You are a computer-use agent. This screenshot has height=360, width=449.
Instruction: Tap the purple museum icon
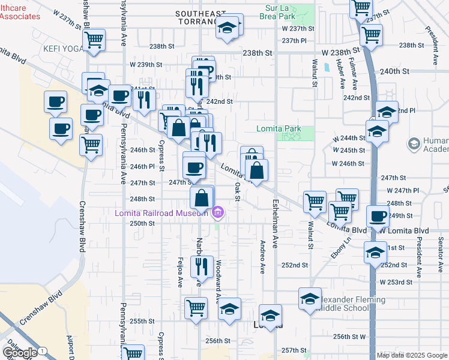[x=217, y=212]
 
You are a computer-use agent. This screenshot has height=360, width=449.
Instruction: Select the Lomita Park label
[x=278, y=128]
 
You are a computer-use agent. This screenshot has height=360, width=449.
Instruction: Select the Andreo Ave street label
[x=263, y=257]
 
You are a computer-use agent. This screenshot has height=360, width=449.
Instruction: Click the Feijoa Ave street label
[x=179, y=272]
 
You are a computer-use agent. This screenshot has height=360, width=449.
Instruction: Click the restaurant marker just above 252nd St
[x=202, y=266]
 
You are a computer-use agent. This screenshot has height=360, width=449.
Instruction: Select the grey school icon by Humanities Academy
[x=413, y=143]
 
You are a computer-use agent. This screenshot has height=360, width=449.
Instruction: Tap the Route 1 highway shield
[x=42, y=350]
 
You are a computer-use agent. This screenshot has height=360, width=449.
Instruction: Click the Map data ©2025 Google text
[x=412, y=355]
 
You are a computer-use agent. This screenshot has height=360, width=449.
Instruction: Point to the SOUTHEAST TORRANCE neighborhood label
[x=200, y=17]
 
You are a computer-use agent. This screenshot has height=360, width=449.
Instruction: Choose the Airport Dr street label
[x=71, y=347]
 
